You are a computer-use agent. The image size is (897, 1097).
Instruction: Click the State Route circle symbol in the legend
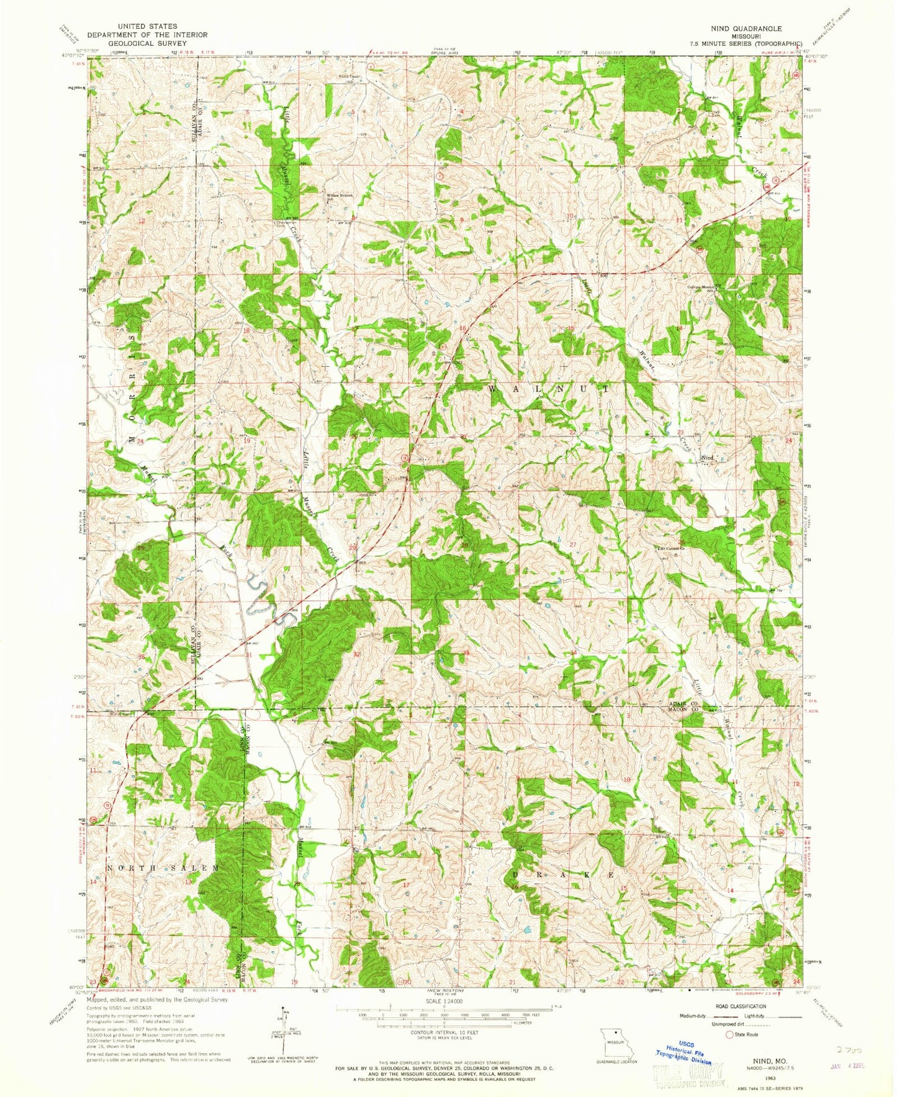click(x=729, y=1034)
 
